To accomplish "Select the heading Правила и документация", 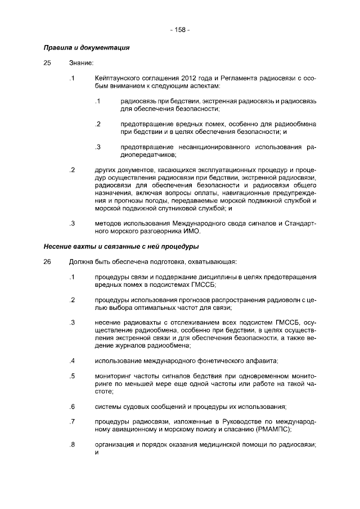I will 87,48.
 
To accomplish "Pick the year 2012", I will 191,77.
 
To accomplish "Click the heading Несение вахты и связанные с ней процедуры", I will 120,246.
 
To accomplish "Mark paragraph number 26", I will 47,262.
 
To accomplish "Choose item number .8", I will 71,444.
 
